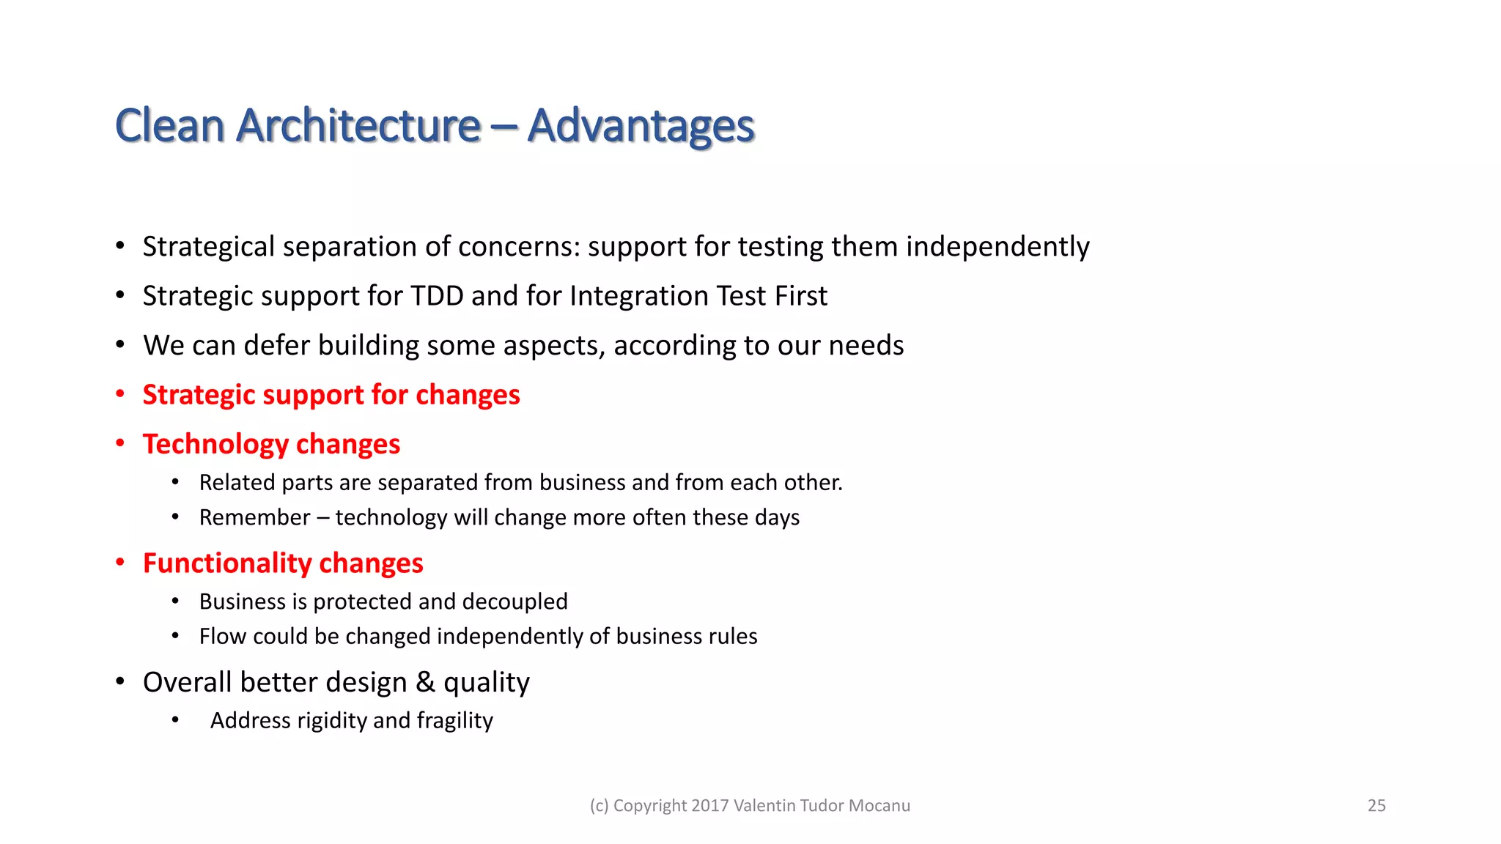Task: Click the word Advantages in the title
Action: point(641,126)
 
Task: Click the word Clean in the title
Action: point(169,126)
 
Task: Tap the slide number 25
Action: point(1376,805)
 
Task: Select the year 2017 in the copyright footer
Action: point(709,805)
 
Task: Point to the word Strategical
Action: point(208,247)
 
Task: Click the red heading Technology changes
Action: point(271,444)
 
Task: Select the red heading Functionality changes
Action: point(283,563)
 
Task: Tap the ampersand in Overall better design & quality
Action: point(425,682)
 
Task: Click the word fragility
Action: point(454,721)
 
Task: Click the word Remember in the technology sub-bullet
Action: point(254,517)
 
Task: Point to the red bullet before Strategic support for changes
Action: point(120,394)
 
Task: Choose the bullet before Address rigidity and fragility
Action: point(175,720)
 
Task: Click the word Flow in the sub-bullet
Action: point(222,636)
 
